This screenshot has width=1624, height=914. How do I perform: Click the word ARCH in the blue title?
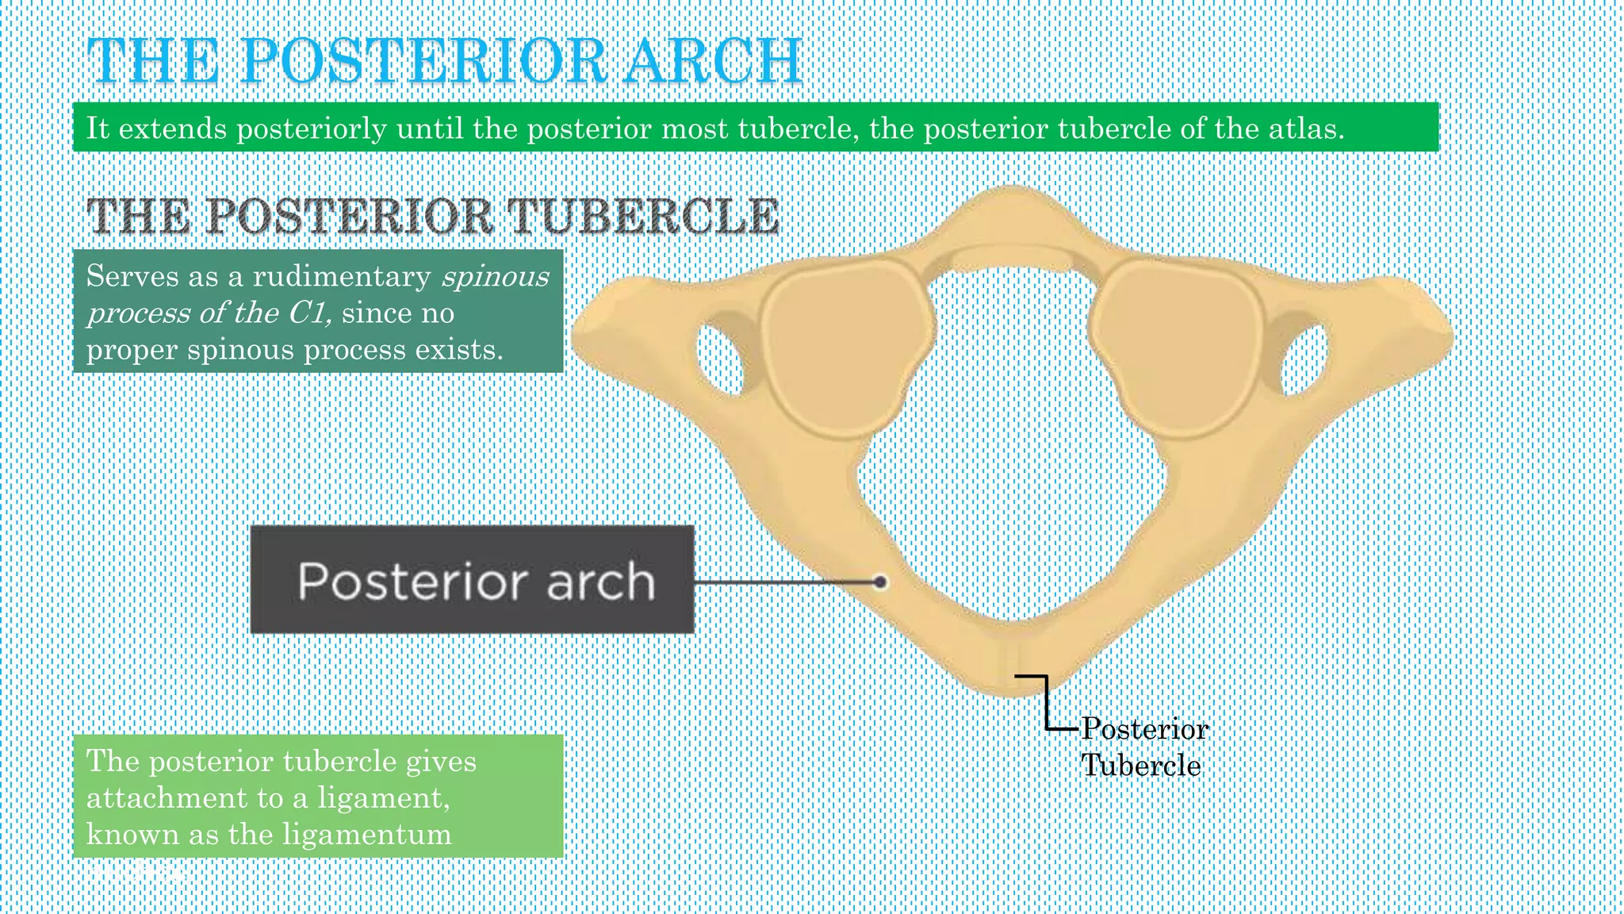[x=712, y=62]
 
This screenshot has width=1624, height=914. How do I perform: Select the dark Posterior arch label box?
[x=472, y=580]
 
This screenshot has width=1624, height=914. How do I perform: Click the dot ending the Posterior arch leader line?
[x=879, y=582]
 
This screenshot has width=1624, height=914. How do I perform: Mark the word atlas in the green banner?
[x=1304, y=129]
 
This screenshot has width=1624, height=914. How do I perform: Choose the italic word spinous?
[x=496, y=277]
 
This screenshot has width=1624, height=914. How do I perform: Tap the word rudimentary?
[x=342, y=277]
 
